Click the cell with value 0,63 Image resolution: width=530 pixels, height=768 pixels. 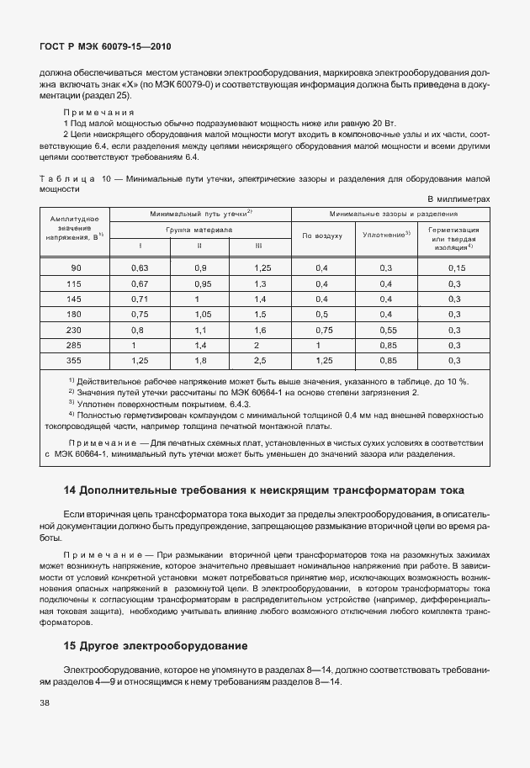pyautogui.click(x=140, y=267)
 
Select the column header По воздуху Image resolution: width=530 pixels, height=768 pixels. pyautogui.click(x=322, y=236)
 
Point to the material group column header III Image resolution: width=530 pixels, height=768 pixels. pyautogui.click(x=258, y=246)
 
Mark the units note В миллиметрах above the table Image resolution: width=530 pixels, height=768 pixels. pyautogui.click(x=458, y=199)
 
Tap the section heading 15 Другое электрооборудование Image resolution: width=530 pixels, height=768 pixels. pyautogui.click(x=155, y=647)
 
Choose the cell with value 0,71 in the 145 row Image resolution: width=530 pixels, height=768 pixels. pyautogui.click(x=140, y=299)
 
